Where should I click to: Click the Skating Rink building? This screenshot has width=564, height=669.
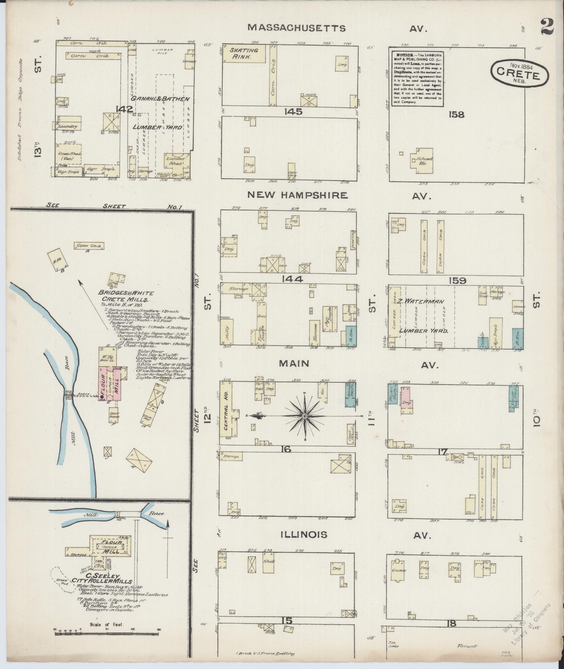pyautogui.click(x=244, y=53)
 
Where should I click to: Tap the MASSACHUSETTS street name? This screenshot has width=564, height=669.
pyautogui.click(x=297, y=28)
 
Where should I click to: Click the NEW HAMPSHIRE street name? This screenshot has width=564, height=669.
pyautogui.click(x=297, y=195)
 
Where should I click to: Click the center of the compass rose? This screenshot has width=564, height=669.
pyautogui.click(x=305, y=416)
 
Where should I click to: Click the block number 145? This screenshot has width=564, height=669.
pyautogui.click(x=293, y=112)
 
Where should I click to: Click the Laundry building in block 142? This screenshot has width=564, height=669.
pyautogui.click(x=68, y=125)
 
